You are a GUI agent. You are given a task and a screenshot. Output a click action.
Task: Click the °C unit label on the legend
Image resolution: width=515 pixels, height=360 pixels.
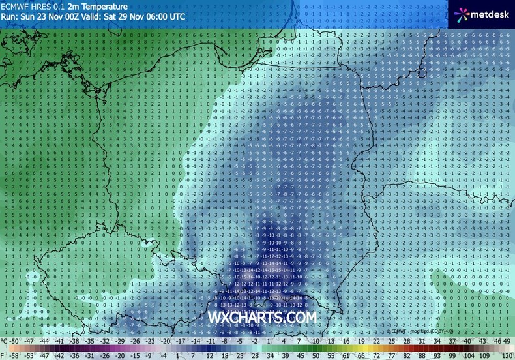pyautogui.click(x=5, y=341)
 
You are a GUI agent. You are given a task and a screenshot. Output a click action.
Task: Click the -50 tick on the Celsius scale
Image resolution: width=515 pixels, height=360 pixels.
pyautogui.click(x=22, y=341)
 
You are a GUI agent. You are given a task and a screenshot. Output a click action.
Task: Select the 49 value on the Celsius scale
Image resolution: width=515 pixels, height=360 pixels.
pyautogui.click(x=507, y=341)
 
